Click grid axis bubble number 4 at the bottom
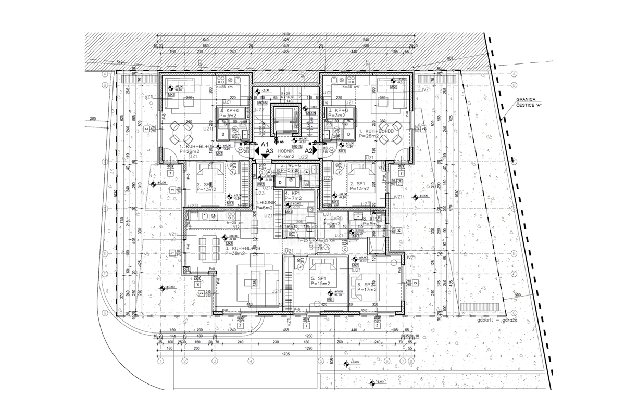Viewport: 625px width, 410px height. (251, 361)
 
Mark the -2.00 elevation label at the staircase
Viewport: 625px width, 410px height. (266, 90)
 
